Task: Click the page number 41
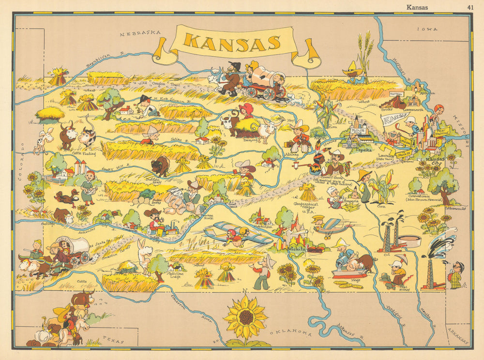(470, 7)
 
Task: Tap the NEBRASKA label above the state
(140, 33)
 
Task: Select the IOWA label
(428, 29)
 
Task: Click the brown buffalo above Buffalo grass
(160, 166)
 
